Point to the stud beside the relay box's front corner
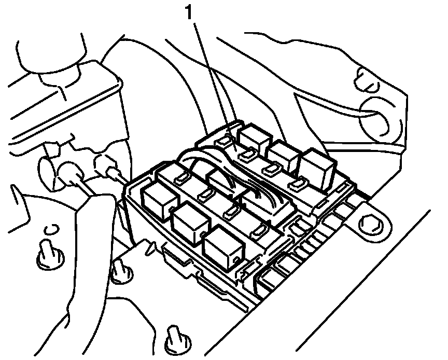(120, 270)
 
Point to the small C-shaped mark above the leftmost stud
(50, 230)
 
